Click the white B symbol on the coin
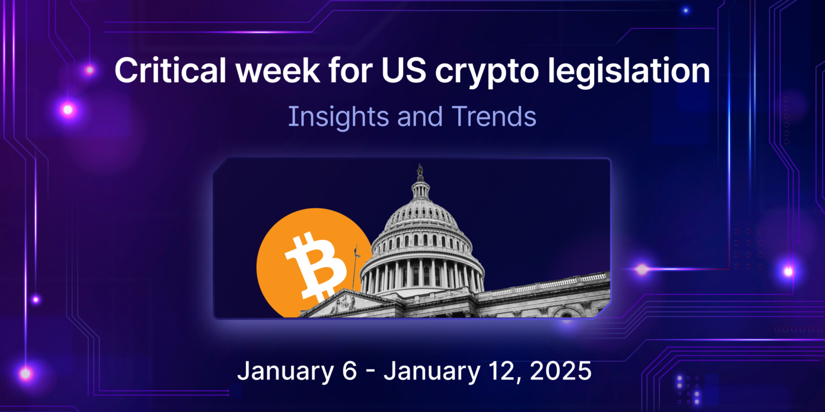pos(314,266)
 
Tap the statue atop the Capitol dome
pos(420,171)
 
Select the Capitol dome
pos(421,223)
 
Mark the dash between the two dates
pos(371,372)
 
